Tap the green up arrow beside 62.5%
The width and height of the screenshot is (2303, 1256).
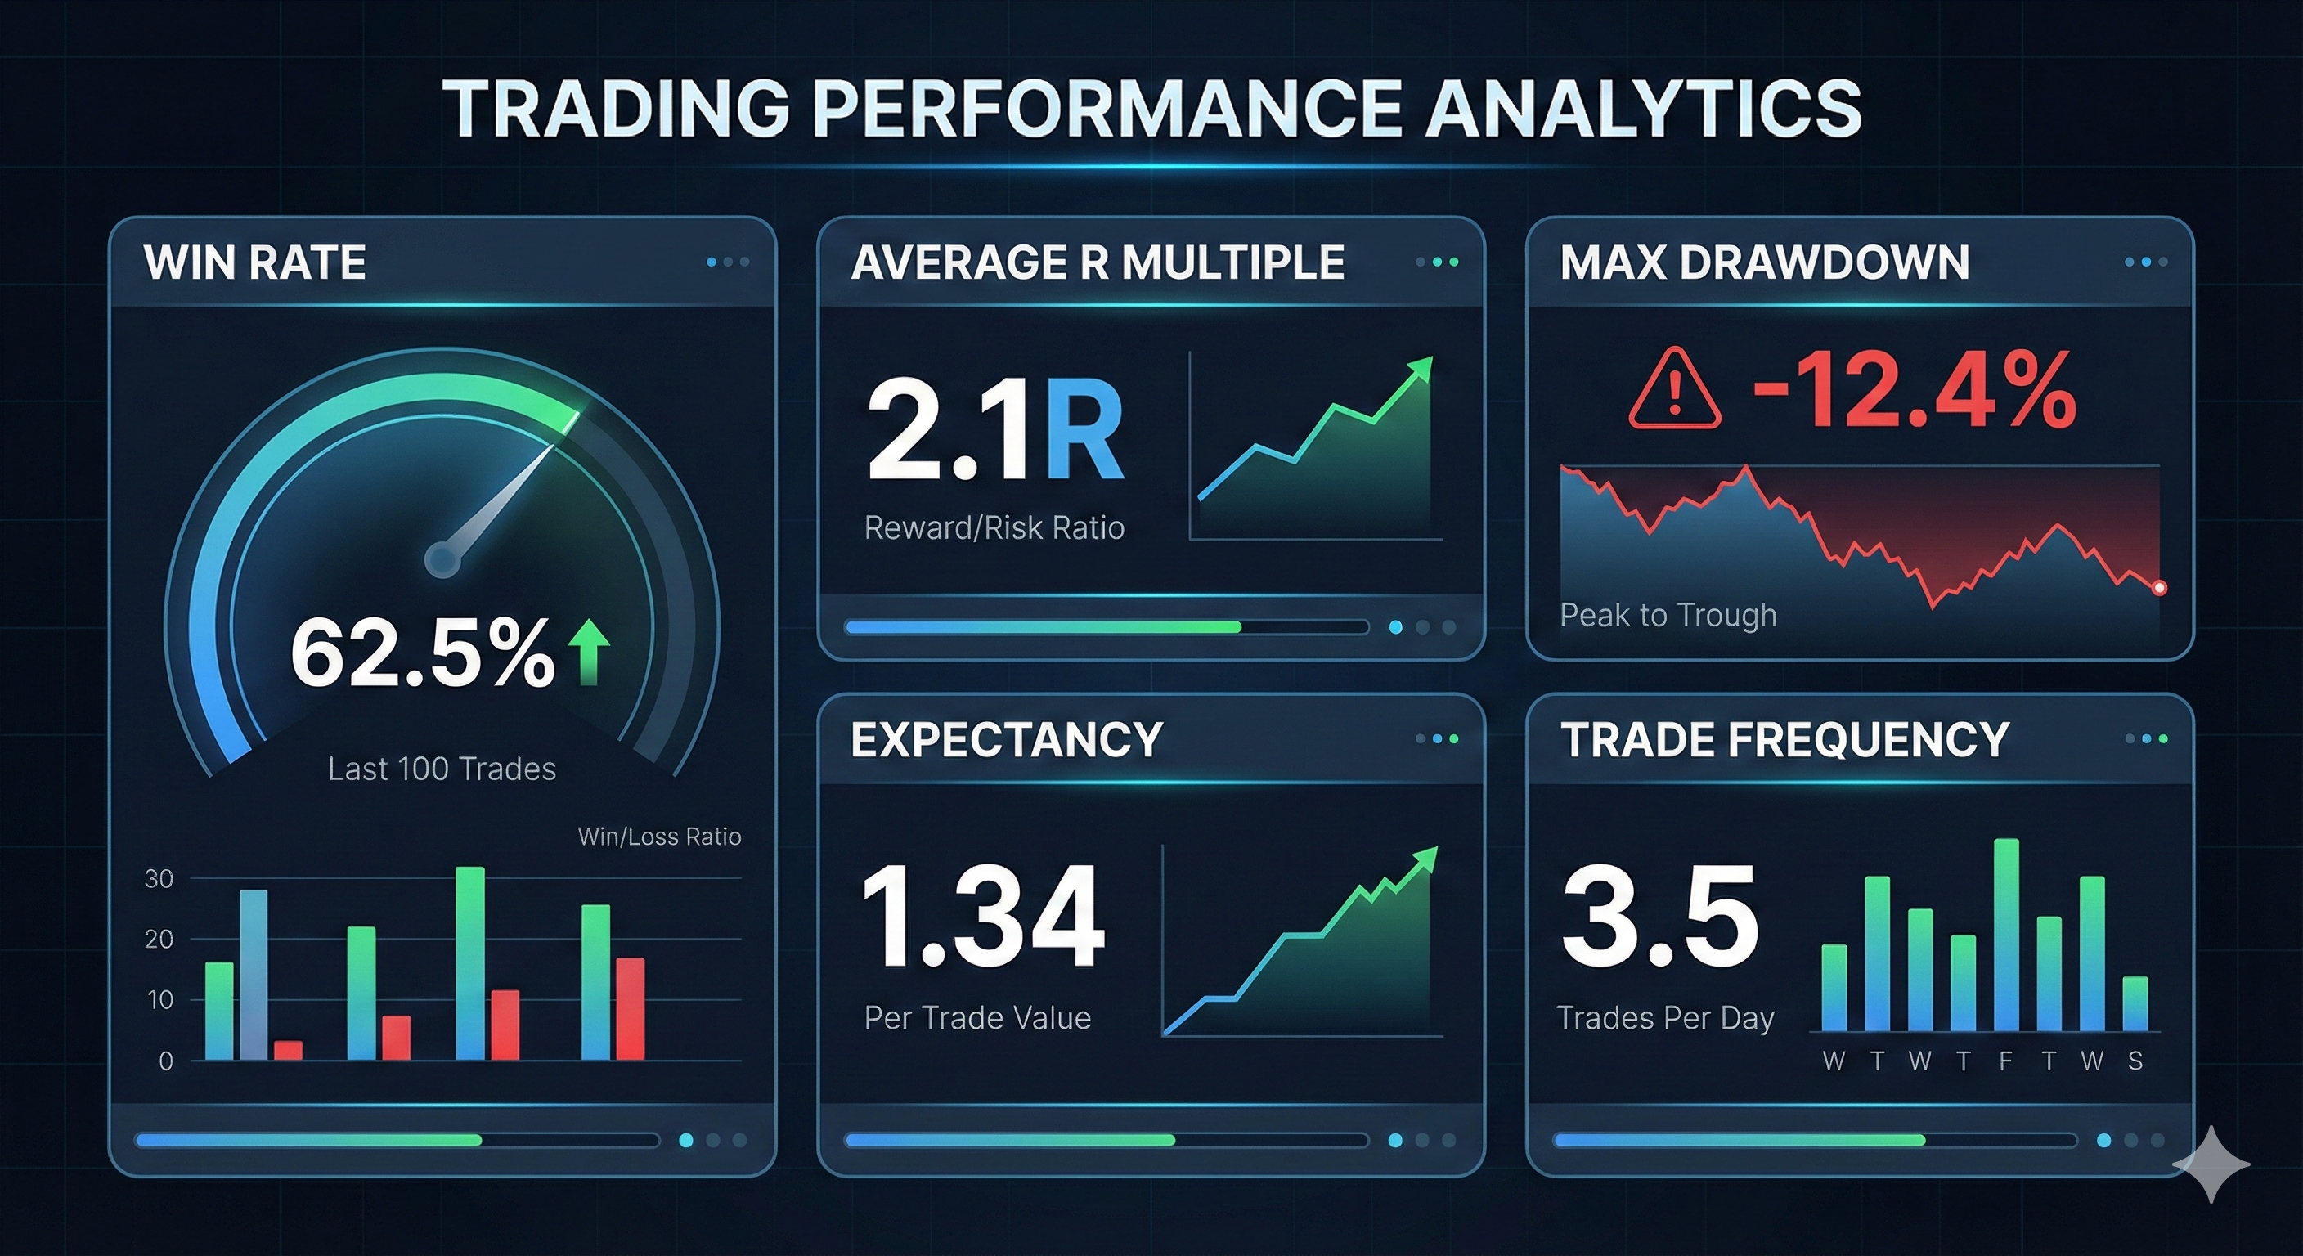(589, 652)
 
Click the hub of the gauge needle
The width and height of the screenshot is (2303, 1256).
(442, 560)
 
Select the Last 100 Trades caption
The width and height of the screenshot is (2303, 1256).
(442, 769)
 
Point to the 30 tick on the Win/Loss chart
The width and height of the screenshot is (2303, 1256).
(159, 879)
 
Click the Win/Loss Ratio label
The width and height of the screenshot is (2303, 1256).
(659, 837)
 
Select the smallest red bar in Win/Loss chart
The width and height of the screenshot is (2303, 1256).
(288, 1051)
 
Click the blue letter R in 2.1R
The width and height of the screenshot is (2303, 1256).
(1083, 432)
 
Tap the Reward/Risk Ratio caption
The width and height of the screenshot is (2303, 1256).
(994, 528)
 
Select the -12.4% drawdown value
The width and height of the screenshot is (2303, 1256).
(1914, 391)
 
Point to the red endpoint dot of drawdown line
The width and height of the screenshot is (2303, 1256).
(2159, 587)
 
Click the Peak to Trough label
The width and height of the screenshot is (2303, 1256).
(1668, 615)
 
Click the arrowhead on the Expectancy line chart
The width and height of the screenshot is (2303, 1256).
(1425, 859)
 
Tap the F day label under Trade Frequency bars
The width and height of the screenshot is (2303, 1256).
(2005, 1061)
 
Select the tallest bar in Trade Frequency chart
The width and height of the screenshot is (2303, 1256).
(2006, 934)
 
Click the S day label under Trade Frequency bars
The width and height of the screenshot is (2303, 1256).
(2135, 1061)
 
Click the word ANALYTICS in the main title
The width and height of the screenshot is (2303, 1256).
(1642, 108)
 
